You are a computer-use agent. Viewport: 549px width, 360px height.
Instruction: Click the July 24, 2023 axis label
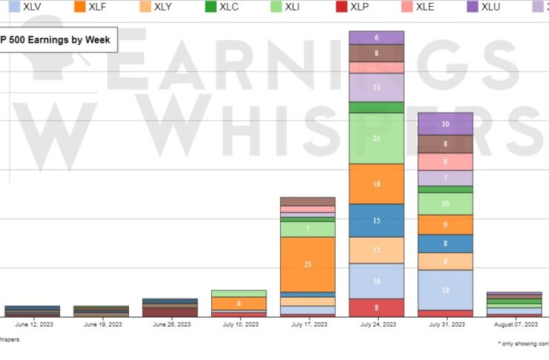376,324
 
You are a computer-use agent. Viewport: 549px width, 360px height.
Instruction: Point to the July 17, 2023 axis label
307,324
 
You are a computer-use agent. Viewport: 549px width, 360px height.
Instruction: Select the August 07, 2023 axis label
514,324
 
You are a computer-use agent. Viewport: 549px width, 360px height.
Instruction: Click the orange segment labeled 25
307,264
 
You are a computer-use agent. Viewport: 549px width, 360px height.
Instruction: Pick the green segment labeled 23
376,138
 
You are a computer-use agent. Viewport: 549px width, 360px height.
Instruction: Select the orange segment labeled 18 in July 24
376,184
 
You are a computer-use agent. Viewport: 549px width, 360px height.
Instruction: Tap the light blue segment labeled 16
376,281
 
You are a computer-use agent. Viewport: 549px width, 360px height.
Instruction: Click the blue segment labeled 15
376,221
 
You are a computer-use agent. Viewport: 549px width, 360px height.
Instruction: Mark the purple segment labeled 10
445,124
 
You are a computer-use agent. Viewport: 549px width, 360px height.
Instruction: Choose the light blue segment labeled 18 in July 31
445,290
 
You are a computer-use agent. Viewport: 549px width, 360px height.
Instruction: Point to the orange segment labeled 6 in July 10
239,304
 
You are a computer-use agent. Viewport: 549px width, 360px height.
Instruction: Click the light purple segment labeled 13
376,87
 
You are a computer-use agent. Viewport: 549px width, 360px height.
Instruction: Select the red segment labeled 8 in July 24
376,307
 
